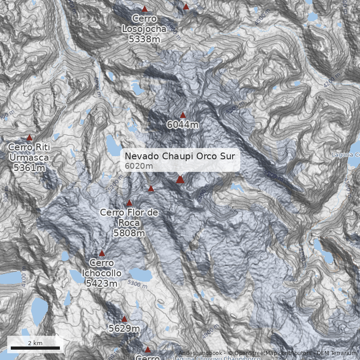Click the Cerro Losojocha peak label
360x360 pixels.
tap(144, 29)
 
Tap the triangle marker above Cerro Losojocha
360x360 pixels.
tap(144, 9)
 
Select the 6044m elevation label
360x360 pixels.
tap(182, 125)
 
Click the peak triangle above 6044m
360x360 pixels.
tap(183, 115)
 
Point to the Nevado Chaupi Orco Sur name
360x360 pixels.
tap(180, 156)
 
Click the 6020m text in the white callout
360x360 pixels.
tap(139, 166)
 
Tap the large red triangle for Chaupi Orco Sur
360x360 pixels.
tap(180, 179)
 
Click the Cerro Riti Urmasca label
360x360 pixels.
tap(29, 157)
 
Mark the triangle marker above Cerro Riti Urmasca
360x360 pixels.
tap(30, 137)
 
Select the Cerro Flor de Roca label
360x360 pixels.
tap(129, 222)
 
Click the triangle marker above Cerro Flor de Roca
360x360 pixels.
tap(130, 203)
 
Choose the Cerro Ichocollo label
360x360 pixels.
tap(102, 273)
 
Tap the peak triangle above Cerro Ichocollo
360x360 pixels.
tap(102, 253)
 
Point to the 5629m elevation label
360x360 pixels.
tap(124, 329)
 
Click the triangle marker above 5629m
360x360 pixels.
tap(125, 319)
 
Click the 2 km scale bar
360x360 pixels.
tap(35, 348)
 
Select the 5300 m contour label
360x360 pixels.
tap(138, 284)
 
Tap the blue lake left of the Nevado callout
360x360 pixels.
tap(111, 144)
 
